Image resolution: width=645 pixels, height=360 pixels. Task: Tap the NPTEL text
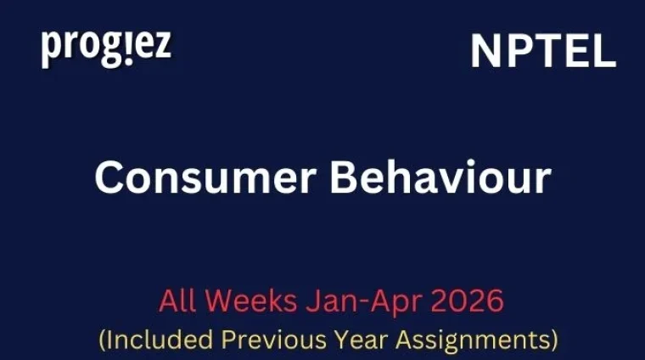pyautogui.click(x=543, y=53)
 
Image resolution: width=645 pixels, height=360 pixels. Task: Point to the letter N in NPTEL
pyautogui.click(x=486, y=53)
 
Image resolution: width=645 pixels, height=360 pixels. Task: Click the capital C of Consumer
pyautogui.click(x=109, y=178)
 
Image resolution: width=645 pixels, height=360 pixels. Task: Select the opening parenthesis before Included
pyautogui.click(x=104, y=340)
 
